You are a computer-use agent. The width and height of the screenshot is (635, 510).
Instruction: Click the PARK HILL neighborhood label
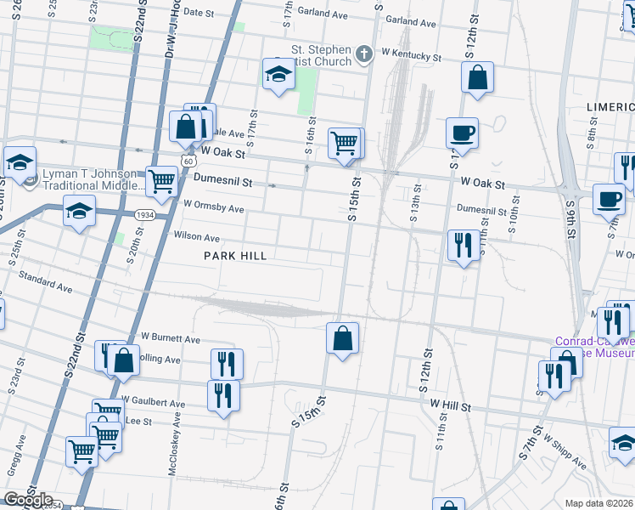[x=235, y=256]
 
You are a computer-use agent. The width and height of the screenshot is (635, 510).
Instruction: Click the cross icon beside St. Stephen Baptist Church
[x=364, y=55]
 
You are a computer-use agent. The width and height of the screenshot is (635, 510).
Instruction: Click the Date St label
[x=199, y=13]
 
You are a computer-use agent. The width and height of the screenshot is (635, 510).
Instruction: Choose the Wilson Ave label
[x=197, y=237]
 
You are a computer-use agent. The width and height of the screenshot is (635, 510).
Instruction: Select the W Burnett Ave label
[x=170, y=338]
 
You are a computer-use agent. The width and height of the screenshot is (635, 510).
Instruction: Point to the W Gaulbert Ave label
[x=153, y=400]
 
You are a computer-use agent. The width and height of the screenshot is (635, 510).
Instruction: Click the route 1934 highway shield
[x=143, y=216]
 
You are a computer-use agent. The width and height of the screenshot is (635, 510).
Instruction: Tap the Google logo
[x=27, y=500]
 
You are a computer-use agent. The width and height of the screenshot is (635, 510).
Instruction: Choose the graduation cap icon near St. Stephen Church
[x=278, y=75]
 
